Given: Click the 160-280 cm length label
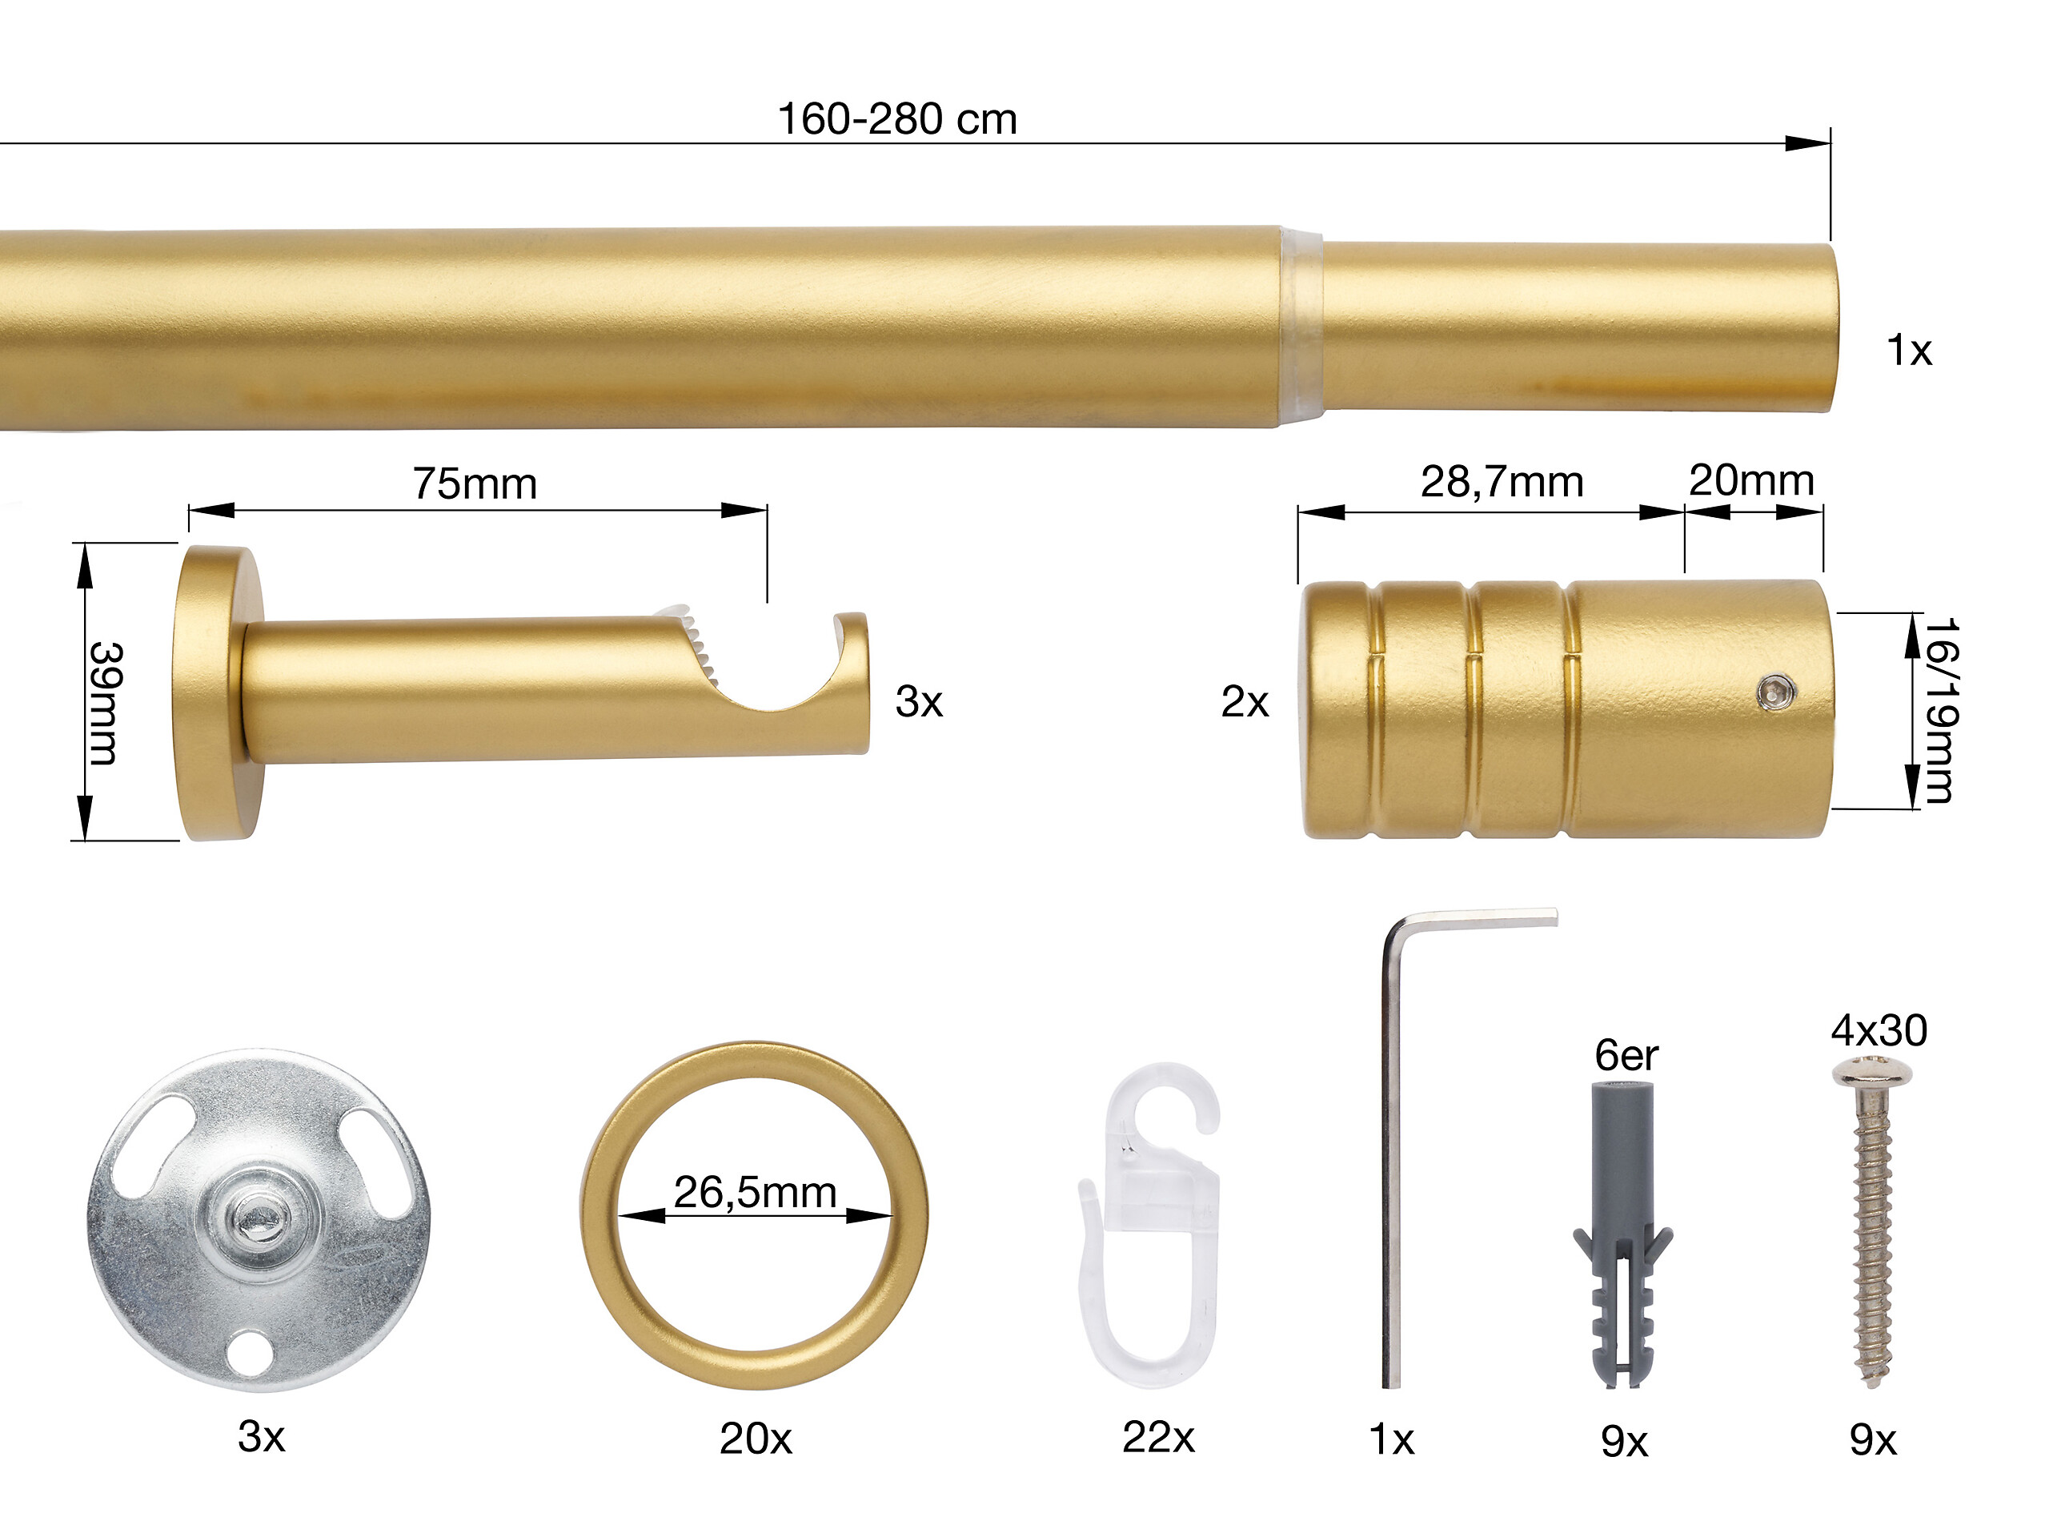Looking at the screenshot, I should tap(896, 119).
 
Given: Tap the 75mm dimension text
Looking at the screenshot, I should tap(475, 484).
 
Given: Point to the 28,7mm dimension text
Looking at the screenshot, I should tap(1502, 482).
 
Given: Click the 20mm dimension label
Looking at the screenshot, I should tap(1750, 480).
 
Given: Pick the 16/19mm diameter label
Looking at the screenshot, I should tap(1939, 711).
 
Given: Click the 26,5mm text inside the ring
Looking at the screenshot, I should tap(755, 1192).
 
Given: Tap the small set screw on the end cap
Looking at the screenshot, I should tap(1776, 691).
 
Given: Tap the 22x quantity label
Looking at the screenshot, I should tap(1158, 1437).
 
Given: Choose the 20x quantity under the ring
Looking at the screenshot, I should tap(755, 1439).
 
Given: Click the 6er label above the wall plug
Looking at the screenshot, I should tap(1626, 1055).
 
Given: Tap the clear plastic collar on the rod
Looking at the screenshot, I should tap(1301, 326).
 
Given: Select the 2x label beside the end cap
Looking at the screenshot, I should tap(1244, 702).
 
